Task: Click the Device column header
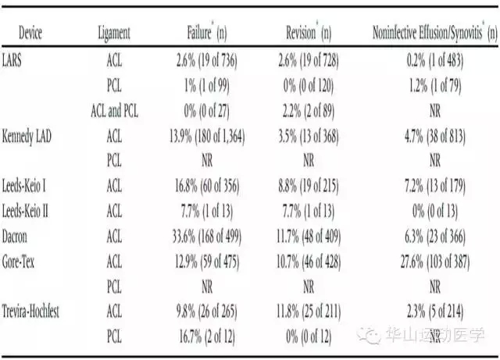pyautogui.click(x=30, y=33)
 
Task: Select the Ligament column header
pyautogui.click(x=114, y=34)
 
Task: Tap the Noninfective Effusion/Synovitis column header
pyautogui.click(x=435, y=33)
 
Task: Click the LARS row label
pyautogui.click(x=12, y=60)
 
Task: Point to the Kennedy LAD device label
pyautogui.click(x=27, y=137)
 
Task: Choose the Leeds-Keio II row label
pyautogui.click(x=25, y=211)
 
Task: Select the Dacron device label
pyautogui.click(x=15, y=237)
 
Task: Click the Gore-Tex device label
pyautogui.click(x=18, y=262)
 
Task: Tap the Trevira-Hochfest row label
pyautogui.click(x=30, y=312)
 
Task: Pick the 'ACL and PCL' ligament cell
pyautogui.click(x=115, y=111)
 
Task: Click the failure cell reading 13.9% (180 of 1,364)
pyautogui.click(x=207, y=137)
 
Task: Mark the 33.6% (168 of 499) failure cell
pyautogui.click(x=207, y=237)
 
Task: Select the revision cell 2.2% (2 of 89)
pyautogui.click(x=309, y=111)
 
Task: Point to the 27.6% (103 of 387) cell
pyautogui.click(x=435, y=262)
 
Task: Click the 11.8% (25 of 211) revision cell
pyautogui.click(x=309, y=312)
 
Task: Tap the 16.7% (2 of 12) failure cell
pyautogui.click(x=207, y=337)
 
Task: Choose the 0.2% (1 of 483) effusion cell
pyautogui.click(x=435, y=60)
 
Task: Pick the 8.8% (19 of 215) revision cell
pyautogui.click(x=309, y=186)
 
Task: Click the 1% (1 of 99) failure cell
pyautogui.click(x=207, y=85)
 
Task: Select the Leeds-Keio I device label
pyautogui.click(x=24, y=186)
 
